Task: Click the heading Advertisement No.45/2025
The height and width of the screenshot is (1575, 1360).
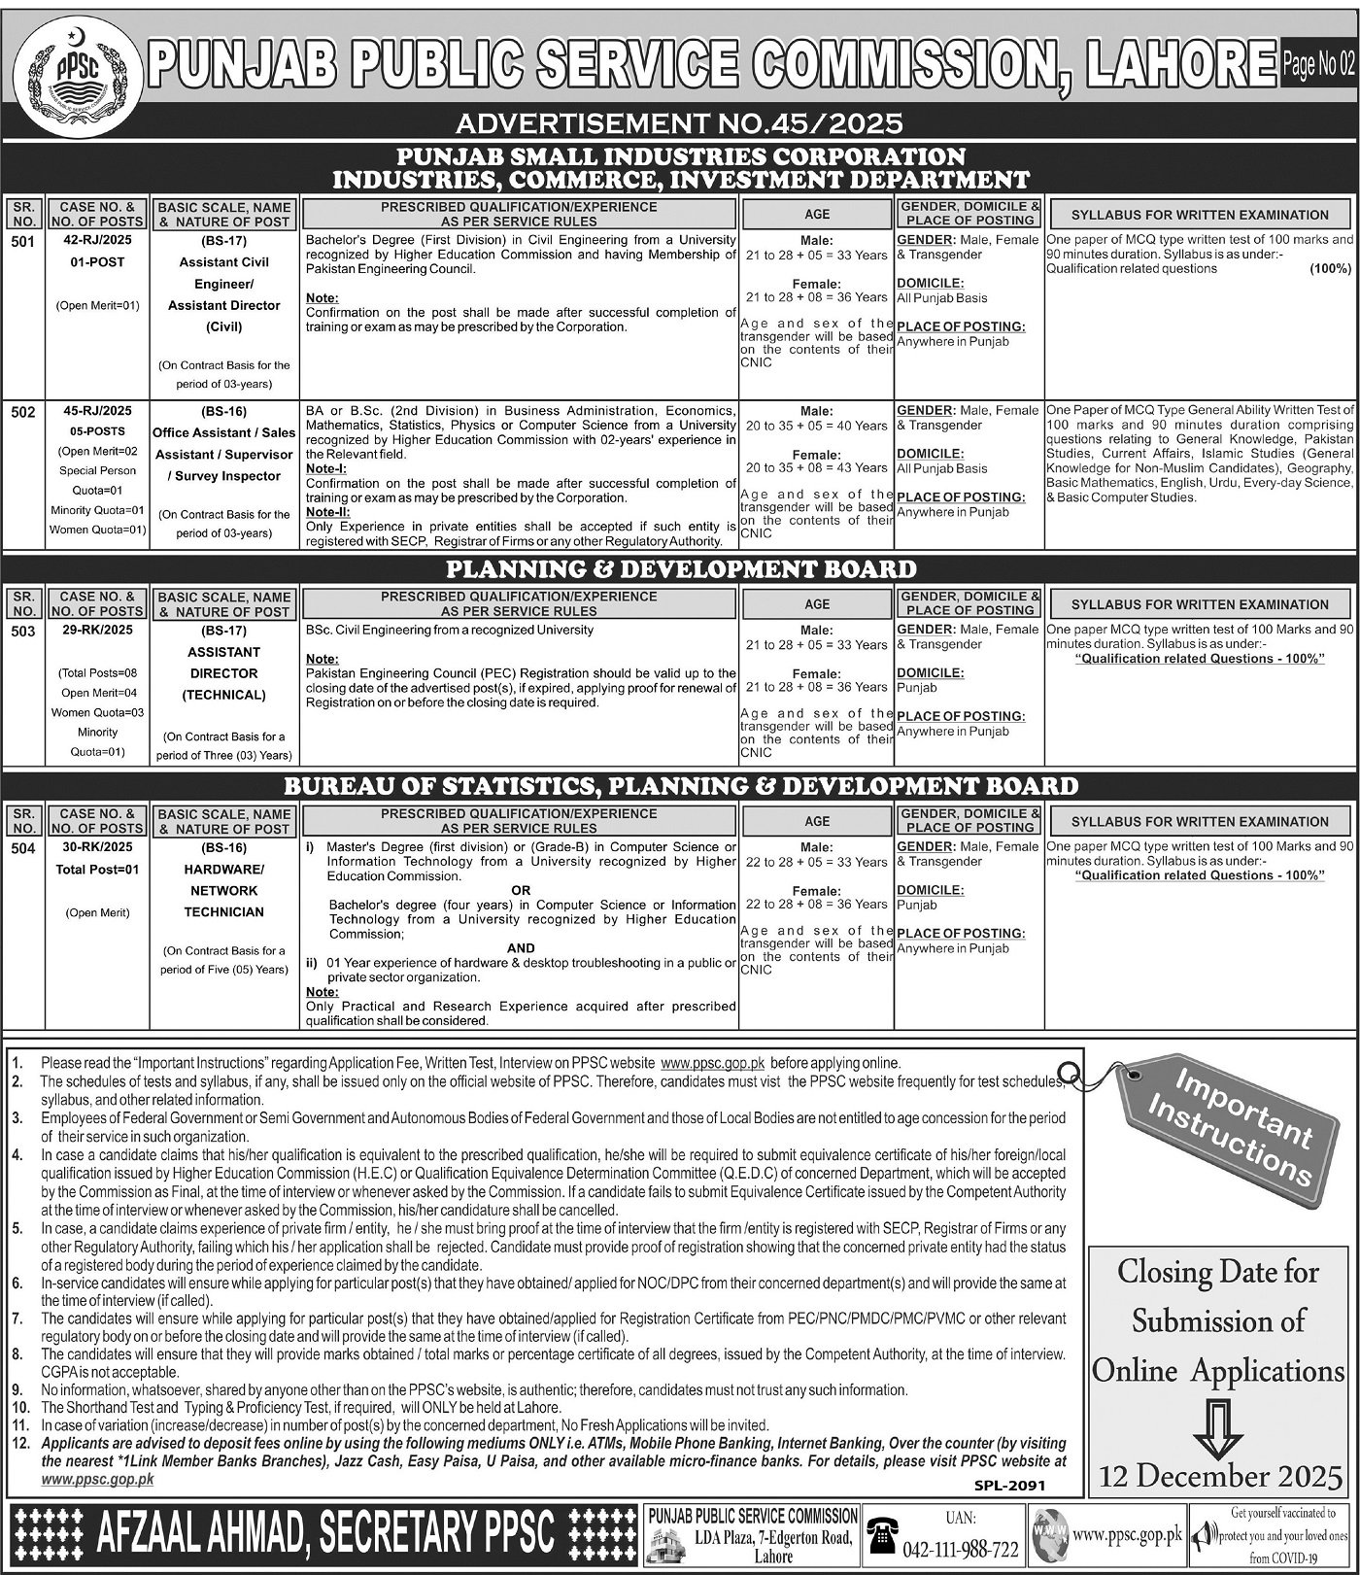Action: coord(679,122)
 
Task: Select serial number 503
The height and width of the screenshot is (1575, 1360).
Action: coord(23,631)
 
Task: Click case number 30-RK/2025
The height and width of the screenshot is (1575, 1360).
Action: coord(97,848)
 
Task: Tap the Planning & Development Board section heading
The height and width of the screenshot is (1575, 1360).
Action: coord(679,569)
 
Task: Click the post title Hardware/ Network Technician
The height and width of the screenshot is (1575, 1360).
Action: coord(224,890)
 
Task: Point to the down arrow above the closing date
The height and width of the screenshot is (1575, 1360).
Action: coord(1217,1423)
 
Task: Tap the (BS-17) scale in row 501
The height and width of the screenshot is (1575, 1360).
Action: coord(224,241)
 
